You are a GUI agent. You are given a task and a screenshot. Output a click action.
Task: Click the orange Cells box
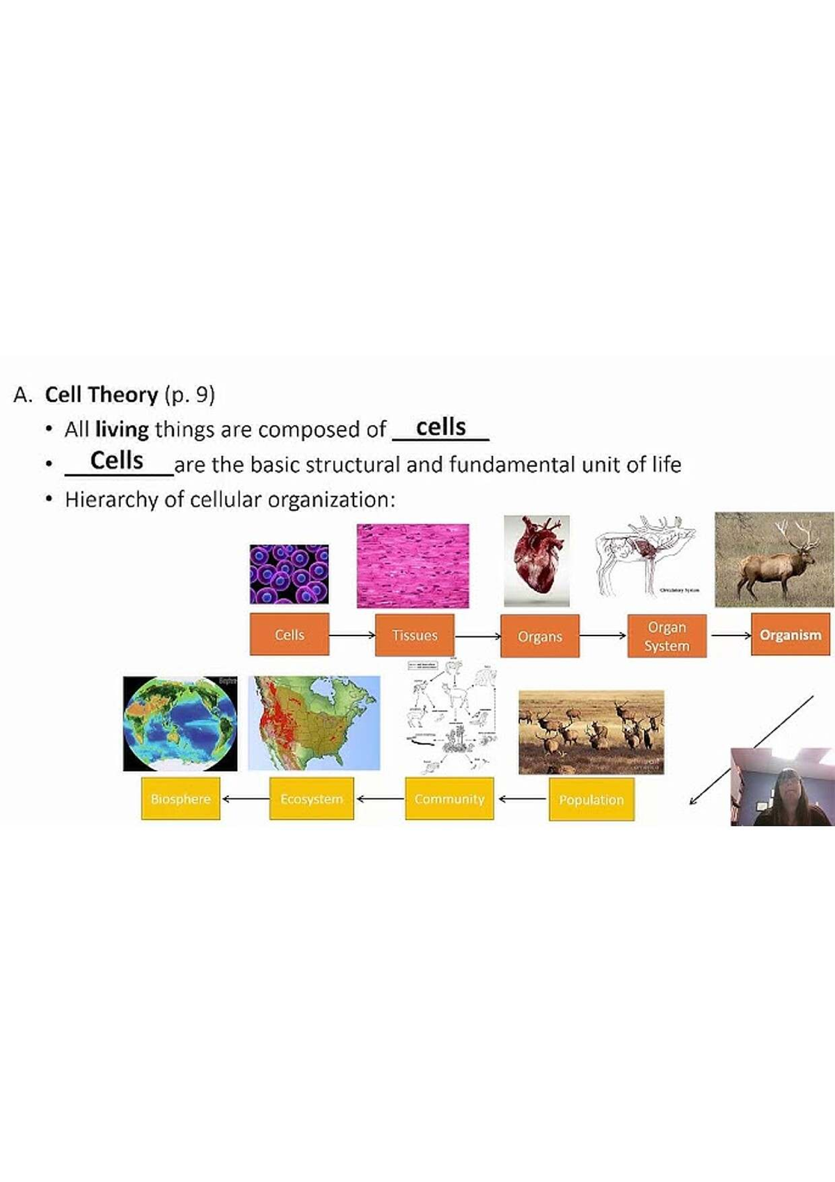289,634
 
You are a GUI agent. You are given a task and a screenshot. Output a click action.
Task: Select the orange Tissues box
415,635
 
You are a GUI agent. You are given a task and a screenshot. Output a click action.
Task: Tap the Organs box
540,636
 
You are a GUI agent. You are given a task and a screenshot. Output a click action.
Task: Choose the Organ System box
667,636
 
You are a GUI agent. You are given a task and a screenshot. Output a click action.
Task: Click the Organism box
790,635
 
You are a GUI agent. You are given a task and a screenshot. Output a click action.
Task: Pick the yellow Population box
591,800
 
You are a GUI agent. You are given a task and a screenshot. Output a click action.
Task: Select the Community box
450,798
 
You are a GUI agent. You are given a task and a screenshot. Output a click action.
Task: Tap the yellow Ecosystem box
312,798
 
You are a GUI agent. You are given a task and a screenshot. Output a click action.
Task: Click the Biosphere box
181,798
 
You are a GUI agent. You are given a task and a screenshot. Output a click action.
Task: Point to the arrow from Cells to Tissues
352,635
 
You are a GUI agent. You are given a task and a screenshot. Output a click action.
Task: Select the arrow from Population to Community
521,799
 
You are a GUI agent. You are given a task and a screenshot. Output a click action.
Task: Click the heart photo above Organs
536,560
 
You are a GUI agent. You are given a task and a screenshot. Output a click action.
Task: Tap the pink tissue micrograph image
413,565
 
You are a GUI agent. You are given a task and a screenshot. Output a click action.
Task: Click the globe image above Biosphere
180,723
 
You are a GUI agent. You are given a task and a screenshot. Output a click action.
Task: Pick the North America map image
315,723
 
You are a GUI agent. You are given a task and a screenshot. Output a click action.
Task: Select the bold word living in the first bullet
122,430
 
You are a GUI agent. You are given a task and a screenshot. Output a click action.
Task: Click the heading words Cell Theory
102,395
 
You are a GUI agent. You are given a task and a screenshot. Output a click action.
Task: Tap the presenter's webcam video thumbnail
782,787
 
